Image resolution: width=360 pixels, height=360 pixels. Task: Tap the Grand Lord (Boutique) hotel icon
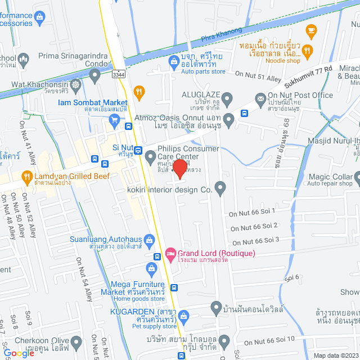pos(172,253)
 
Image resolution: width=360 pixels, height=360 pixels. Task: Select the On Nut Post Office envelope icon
pos(260,100)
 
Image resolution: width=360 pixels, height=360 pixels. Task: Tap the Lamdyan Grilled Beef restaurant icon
pos(26,177)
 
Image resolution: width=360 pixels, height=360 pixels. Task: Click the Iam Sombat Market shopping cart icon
pos(114,119)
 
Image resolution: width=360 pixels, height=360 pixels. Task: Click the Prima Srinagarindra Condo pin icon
pos(95,75)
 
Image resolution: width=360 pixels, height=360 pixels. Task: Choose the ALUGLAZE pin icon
pos(227,100)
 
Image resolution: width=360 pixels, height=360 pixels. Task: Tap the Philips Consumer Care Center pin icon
pos(150,156)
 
